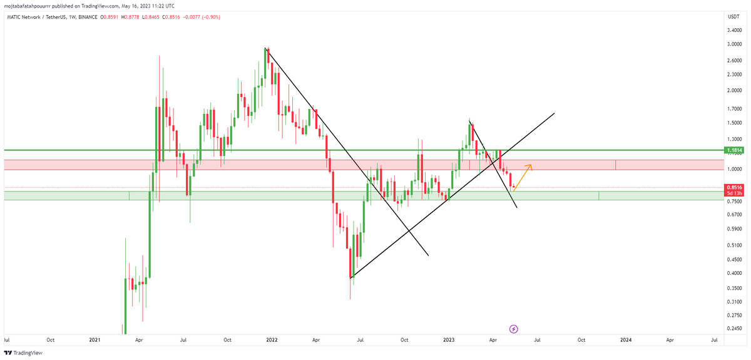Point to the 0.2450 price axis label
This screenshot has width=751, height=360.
[x=734, y=328]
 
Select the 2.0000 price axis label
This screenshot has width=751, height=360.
[x=734, y=90]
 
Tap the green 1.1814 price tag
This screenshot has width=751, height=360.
[x=733, y=150]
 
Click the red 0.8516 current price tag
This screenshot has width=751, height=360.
[x=733, y=187]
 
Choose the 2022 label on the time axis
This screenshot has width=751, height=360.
[x=272, y=340]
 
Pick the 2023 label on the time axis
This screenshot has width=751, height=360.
[x=448, y=340]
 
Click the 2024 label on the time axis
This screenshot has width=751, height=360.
[x=625, y=340]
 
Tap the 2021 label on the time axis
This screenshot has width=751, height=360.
[x=95, y=340]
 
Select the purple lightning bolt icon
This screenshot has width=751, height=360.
[x=514, y=328]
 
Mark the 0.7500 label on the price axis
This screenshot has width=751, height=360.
[x=734, y=201]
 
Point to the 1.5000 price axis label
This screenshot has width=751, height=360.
[x=734, y=123]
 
